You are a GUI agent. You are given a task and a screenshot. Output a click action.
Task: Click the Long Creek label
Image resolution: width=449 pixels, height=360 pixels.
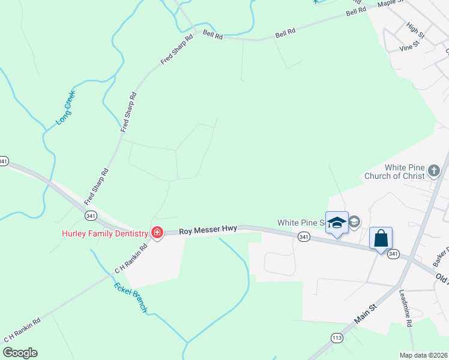[65, 107]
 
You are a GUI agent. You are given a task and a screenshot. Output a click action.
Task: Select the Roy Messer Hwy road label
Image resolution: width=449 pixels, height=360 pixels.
[208, 229]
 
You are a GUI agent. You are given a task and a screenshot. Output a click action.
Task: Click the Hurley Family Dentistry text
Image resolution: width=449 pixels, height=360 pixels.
[104, 233]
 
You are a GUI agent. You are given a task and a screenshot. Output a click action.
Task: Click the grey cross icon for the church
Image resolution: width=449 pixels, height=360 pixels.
[434, 172]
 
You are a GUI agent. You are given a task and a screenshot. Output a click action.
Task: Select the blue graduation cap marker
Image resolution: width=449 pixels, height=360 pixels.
[337, 223]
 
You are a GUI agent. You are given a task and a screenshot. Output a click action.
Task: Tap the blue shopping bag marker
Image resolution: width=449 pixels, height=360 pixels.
[381, 238]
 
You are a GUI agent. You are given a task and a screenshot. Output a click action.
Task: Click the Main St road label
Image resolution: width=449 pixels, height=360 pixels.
[364, 314]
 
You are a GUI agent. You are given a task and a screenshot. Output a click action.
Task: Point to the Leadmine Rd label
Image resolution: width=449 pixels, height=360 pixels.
[405, 308]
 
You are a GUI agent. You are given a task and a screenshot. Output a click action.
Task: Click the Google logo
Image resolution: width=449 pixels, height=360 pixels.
[19, 353]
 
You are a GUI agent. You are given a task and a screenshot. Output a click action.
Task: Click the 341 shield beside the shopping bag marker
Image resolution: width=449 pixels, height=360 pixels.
[393, 254]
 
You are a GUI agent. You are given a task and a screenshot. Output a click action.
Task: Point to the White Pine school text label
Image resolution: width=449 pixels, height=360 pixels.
[300, 223]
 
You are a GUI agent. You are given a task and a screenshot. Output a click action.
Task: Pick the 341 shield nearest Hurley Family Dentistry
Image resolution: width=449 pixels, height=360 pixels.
[91, 215]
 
